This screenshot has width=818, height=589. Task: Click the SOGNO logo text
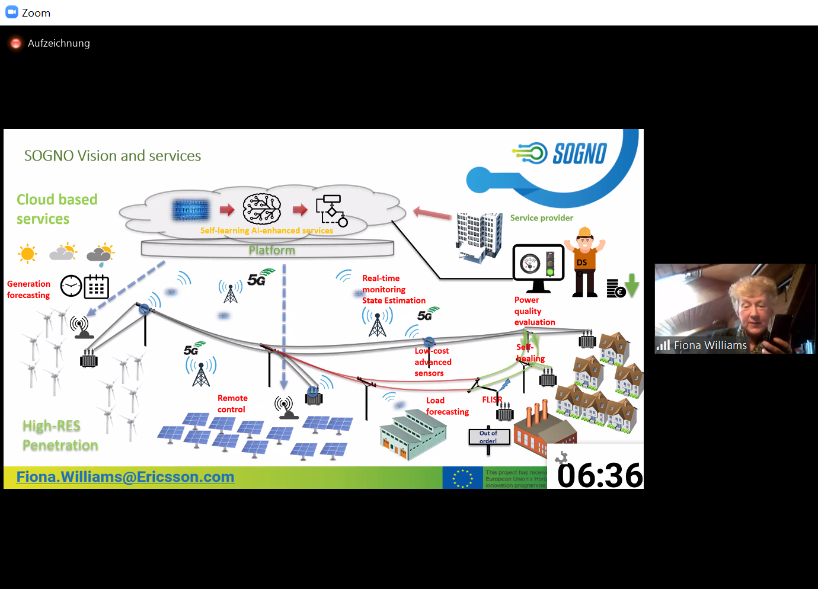point(579,153)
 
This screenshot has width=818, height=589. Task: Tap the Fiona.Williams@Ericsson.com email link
point(125,477)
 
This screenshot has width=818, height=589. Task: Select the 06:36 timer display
point(599,475)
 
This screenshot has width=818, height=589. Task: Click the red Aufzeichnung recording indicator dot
point(16,43)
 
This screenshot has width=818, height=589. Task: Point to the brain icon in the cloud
point(261,209)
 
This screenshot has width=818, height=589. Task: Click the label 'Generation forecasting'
point(28,290)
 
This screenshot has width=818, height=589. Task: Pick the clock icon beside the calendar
point(71,286)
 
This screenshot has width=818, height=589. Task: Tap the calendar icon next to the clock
point(97,287)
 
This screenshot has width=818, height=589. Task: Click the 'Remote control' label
point(232,404)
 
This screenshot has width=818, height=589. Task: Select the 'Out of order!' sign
point(488,437)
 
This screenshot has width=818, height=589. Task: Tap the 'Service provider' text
point(541,218)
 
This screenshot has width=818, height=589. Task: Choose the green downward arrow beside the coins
point(632,285)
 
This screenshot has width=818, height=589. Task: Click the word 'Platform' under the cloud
point(271,250)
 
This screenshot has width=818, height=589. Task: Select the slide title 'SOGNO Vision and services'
point(113,156)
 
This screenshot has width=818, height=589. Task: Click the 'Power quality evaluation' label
point(534,311)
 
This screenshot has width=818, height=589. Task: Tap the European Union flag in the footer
point(462,478)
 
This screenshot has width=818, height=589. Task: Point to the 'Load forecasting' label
point(447,406)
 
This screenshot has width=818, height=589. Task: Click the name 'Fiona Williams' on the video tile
point(710,345)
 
